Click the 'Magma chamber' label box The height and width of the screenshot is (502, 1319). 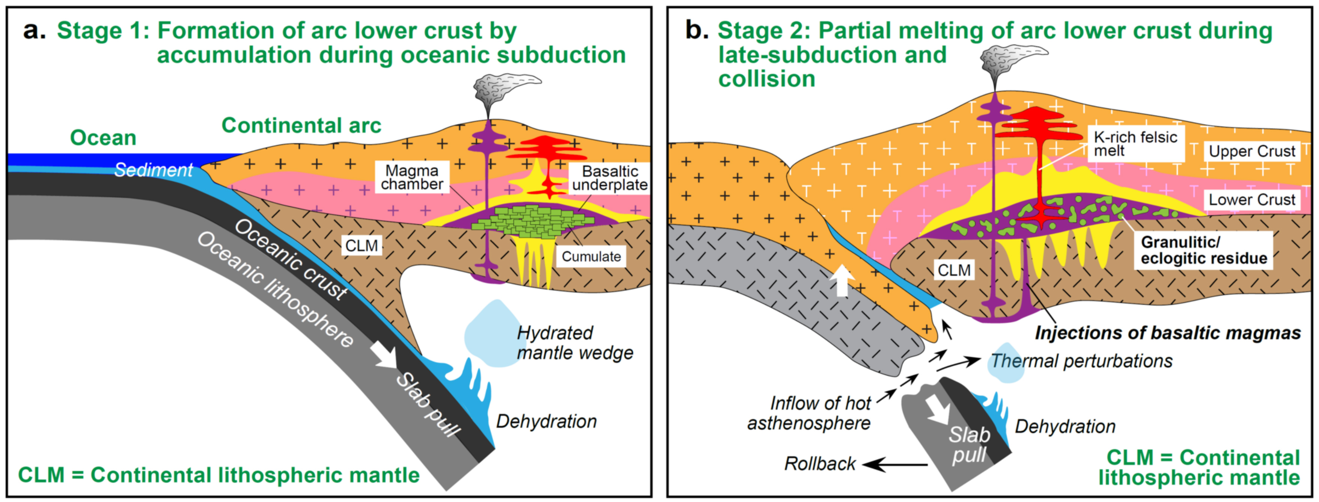pyautogui.click(x=412, y=177)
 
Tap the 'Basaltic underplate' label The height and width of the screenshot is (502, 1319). pyautogui.click(x=609, y=178)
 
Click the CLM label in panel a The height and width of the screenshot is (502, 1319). pyautogui.click(x=361, y=246)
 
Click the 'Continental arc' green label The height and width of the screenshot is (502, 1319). pyautogui.click(x=301, y=125)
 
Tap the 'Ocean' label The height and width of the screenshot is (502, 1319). pyautogui.click(x=103, y=138)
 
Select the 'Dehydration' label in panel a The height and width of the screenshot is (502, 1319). pyautogui.click(x=547, y=421)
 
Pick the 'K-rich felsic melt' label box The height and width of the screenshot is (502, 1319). pyautogui.click(x=1135, y=144)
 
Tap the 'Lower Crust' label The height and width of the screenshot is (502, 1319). pyautogui.click(x=1251, y=200)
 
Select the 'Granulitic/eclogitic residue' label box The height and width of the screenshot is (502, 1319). pyautogui.click(x=1203, y=250)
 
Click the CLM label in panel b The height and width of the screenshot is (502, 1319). pyautogui.click(x=953, y=270)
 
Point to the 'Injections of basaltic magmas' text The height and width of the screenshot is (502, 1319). pyautogui.click(x=1167, y=333)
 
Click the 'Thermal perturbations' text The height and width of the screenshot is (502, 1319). pyautogui.click(x=1081, y=361)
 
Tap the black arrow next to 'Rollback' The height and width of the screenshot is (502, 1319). pyautogui.click(x=894, y=464)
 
